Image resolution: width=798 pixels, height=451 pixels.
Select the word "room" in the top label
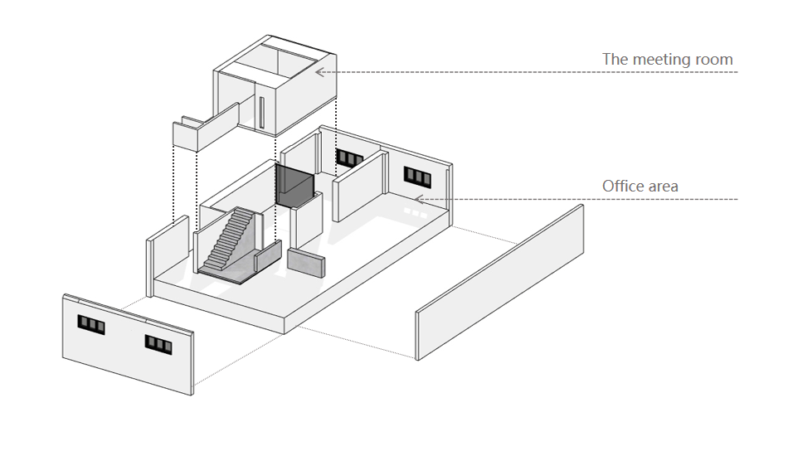click(x=714, y=60)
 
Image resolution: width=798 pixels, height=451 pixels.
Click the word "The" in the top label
click(x=615, y=60)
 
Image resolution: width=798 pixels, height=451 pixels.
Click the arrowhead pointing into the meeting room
click(x=319, y=72)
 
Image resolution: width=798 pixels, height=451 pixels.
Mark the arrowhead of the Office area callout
click(x=419, y=199)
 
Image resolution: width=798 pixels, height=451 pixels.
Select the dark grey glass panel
click(x=293, y=186)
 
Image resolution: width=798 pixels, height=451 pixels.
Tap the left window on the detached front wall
click(x=91, y=324)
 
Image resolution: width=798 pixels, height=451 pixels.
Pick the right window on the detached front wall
click(x=158, y=342)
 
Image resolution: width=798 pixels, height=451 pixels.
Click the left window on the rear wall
click(x=349, y=158)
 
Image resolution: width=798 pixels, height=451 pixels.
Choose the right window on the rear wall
click(x=417, y=176)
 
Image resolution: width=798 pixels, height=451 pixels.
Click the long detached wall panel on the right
click(x=500, y=282)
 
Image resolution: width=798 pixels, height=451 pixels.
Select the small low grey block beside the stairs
click(x=306, y=262)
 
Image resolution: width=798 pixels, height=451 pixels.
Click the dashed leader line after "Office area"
click(x=581, y=199)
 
